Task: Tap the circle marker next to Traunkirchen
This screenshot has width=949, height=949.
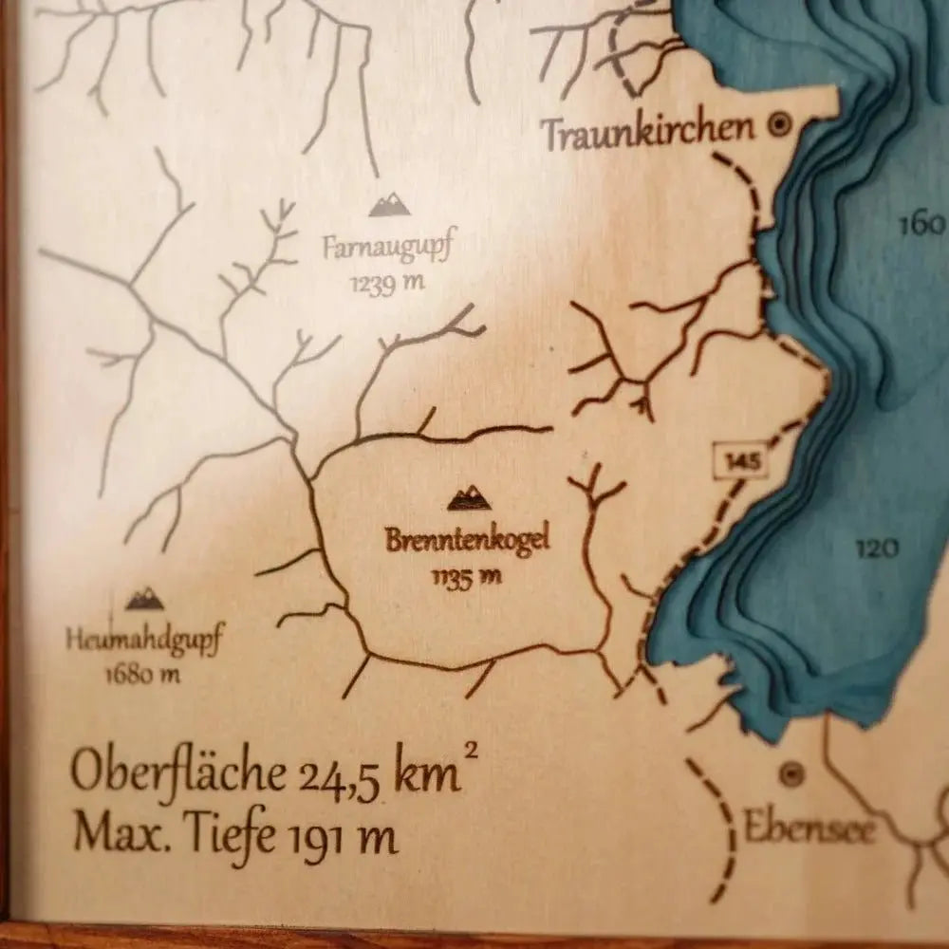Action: (x=780, y=123)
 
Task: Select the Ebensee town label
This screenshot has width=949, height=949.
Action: (x=809, y=828)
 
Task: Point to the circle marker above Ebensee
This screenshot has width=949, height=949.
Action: (x=791, y=774)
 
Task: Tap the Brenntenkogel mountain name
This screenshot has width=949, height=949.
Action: (x=467, y=542)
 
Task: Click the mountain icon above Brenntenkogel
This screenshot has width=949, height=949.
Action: (x=469, y=496)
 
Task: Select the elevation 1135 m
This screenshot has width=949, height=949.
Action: (x=465, y=576)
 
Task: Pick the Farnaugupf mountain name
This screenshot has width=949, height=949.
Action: (x=387, y=249)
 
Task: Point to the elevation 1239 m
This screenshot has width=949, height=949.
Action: (x=386, y=282)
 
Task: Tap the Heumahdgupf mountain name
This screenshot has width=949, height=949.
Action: (x=144, y=641)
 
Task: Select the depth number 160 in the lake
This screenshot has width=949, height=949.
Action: (x=921, y=225)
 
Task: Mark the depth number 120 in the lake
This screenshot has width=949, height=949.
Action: (x=876, y=548)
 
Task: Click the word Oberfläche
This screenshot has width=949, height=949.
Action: (x=177, y=773)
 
